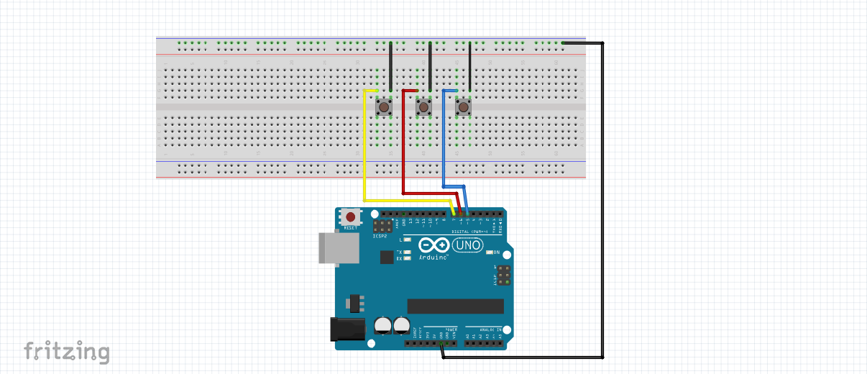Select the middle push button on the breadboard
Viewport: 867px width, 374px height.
[424, 108]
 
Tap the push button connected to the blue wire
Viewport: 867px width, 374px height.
[464, 108]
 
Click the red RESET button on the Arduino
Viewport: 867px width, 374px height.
[351, 216]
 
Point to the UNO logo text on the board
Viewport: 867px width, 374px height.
[467, 245]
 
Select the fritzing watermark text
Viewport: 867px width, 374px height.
[67, 352]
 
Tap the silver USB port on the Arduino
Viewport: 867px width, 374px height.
[339, 248]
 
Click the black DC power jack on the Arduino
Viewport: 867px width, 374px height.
[344, 329]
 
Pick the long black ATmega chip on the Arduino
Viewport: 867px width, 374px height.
[455, 306]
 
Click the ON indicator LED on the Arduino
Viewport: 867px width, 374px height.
[490, 252]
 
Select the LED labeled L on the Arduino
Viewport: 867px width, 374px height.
[407, 239]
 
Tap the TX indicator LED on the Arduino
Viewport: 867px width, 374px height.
[407, 252]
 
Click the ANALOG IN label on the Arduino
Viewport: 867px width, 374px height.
[490, 329]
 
